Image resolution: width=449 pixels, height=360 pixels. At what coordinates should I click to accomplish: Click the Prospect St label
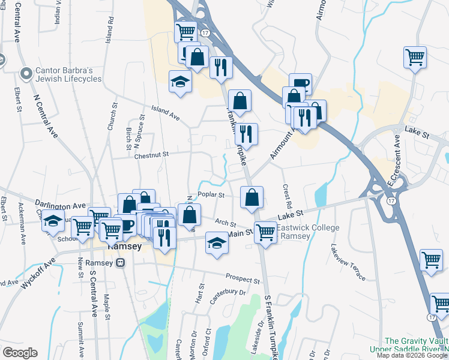click(x=243, y=278)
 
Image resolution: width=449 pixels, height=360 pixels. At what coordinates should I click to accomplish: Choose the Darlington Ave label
click(x=60, y=205)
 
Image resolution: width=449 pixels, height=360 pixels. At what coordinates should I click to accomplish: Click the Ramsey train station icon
click(x=120, y=263)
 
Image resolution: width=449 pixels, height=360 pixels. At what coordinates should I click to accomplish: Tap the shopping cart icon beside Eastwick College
click(x=265, y=231)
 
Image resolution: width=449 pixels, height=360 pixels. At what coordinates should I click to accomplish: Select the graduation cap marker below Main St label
click(x=217, y=242)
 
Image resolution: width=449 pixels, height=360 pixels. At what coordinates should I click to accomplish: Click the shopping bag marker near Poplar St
click(x=252, y=197)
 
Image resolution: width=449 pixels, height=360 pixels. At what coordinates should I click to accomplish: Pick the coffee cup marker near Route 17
click(x=300, y=83)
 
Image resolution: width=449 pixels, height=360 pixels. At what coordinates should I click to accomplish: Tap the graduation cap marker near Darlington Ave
click(x=53, y=220)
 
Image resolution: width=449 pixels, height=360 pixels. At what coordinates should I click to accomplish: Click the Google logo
click(x=20, y=353)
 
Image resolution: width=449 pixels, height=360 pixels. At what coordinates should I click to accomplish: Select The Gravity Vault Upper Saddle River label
click(x=414, y=344)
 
